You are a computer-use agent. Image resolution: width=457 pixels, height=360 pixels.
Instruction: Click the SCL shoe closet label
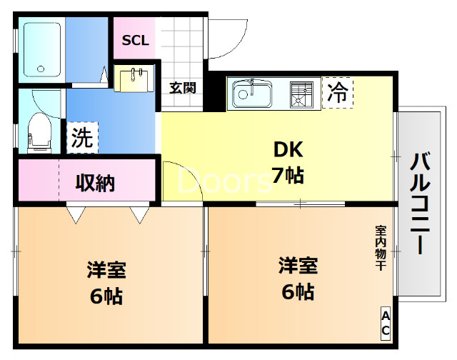tap(135, 41)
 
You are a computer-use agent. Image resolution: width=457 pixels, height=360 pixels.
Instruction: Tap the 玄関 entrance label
tap(182, 88)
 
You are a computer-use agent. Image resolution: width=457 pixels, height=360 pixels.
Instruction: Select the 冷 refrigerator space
tap(338, 93)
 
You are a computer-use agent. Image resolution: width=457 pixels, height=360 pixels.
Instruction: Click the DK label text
tap(288, 151)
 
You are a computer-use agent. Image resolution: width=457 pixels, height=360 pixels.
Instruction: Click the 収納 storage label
tap(95, 183)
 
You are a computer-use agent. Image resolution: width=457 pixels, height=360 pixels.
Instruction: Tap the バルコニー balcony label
tap(420, 204)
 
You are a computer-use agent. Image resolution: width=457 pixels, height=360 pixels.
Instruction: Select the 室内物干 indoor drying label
tap(381, 247)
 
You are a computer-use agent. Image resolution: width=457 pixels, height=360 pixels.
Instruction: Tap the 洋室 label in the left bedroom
tap(106, 271)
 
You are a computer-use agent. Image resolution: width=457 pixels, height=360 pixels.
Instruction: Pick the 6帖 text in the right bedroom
tap(297, 291)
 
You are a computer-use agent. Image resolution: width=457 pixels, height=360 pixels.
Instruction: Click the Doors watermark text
tap(225, 182)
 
